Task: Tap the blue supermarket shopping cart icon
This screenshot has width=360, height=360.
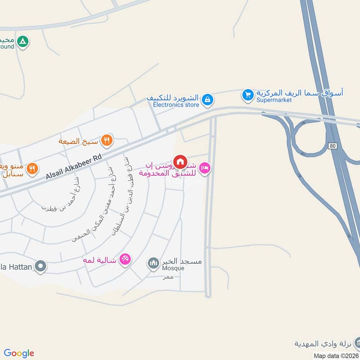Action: [x=247, y=95]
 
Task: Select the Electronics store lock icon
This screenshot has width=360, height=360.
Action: [x=207, y=99]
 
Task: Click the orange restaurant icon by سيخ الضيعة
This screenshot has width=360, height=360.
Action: [x=107, y=140]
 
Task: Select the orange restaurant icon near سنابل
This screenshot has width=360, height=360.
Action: [x=32, y=169]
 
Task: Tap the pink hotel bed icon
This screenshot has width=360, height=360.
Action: [x=204, y=169]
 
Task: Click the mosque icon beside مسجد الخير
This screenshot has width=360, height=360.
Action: [x=153, y=262]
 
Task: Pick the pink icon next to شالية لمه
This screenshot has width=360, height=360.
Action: [x=126, y=259]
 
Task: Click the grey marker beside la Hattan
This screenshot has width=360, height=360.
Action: [x=41, y=266]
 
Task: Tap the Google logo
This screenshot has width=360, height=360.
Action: [x=19, y=353]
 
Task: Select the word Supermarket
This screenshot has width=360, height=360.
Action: [x=274, y=100]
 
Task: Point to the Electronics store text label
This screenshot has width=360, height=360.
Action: [x=176, y=105]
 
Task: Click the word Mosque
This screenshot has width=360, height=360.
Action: [x=173, y=269]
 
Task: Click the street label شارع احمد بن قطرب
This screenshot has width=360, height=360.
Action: [x=60, y=196]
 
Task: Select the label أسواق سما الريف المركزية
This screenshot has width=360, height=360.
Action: [x=300, y=93]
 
